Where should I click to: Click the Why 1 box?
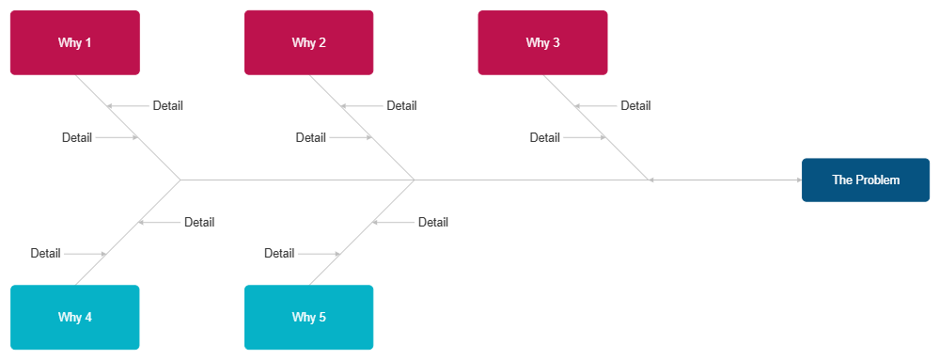(x=74, y=42)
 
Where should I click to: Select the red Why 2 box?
(x=308, y=42)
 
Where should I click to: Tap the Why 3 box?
(x=542, y=42)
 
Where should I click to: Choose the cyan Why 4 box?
(x=74, y=317)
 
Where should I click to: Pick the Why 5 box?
(x=308, y=317)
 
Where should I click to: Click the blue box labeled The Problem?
(x=865, y=180)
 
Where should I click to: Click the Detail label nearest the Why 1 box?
(x=167, y=105)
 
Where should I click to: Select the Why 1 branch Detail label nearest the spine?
(x=77, y=137)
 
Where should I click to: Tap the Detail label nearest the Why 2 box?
(x=401, y=105)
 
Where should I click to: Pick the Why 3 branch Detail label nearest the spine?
(x=544, y=137)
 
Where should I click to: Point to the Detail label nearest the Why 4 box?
(x=45, y=253)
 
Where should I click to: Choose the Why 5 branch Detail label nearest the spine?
(x=432, y=222)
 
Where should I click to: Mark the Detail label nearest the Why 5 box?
(x=279, y=253)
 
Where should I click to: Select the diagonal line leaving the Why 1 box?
(x=94, y=94)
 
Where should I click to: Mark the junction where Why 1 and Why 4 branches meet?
(x=180, y=179)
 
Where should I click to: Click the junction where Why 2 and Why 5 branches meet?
(x=414, y=179)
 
